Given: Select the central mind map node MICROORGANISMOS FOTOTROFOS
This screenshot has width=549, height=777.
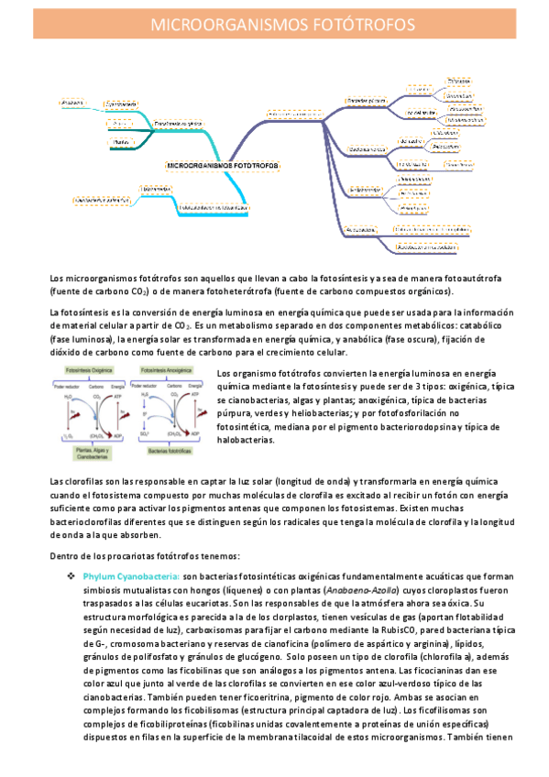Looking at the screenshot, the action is pyautogui.click(x=222, y=166).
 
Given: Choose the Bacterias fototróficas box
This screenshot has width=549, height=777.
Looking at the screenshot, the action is pyautogui.click(x=170, y=452).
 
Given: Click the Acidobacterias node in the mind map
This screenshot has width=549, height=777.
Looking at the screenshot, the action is pyautogui.click(x=365, y=227).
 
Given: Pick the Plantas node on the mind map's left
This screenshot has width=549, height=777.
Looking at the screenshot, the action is pyautogui.click(x=119, y=143).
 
